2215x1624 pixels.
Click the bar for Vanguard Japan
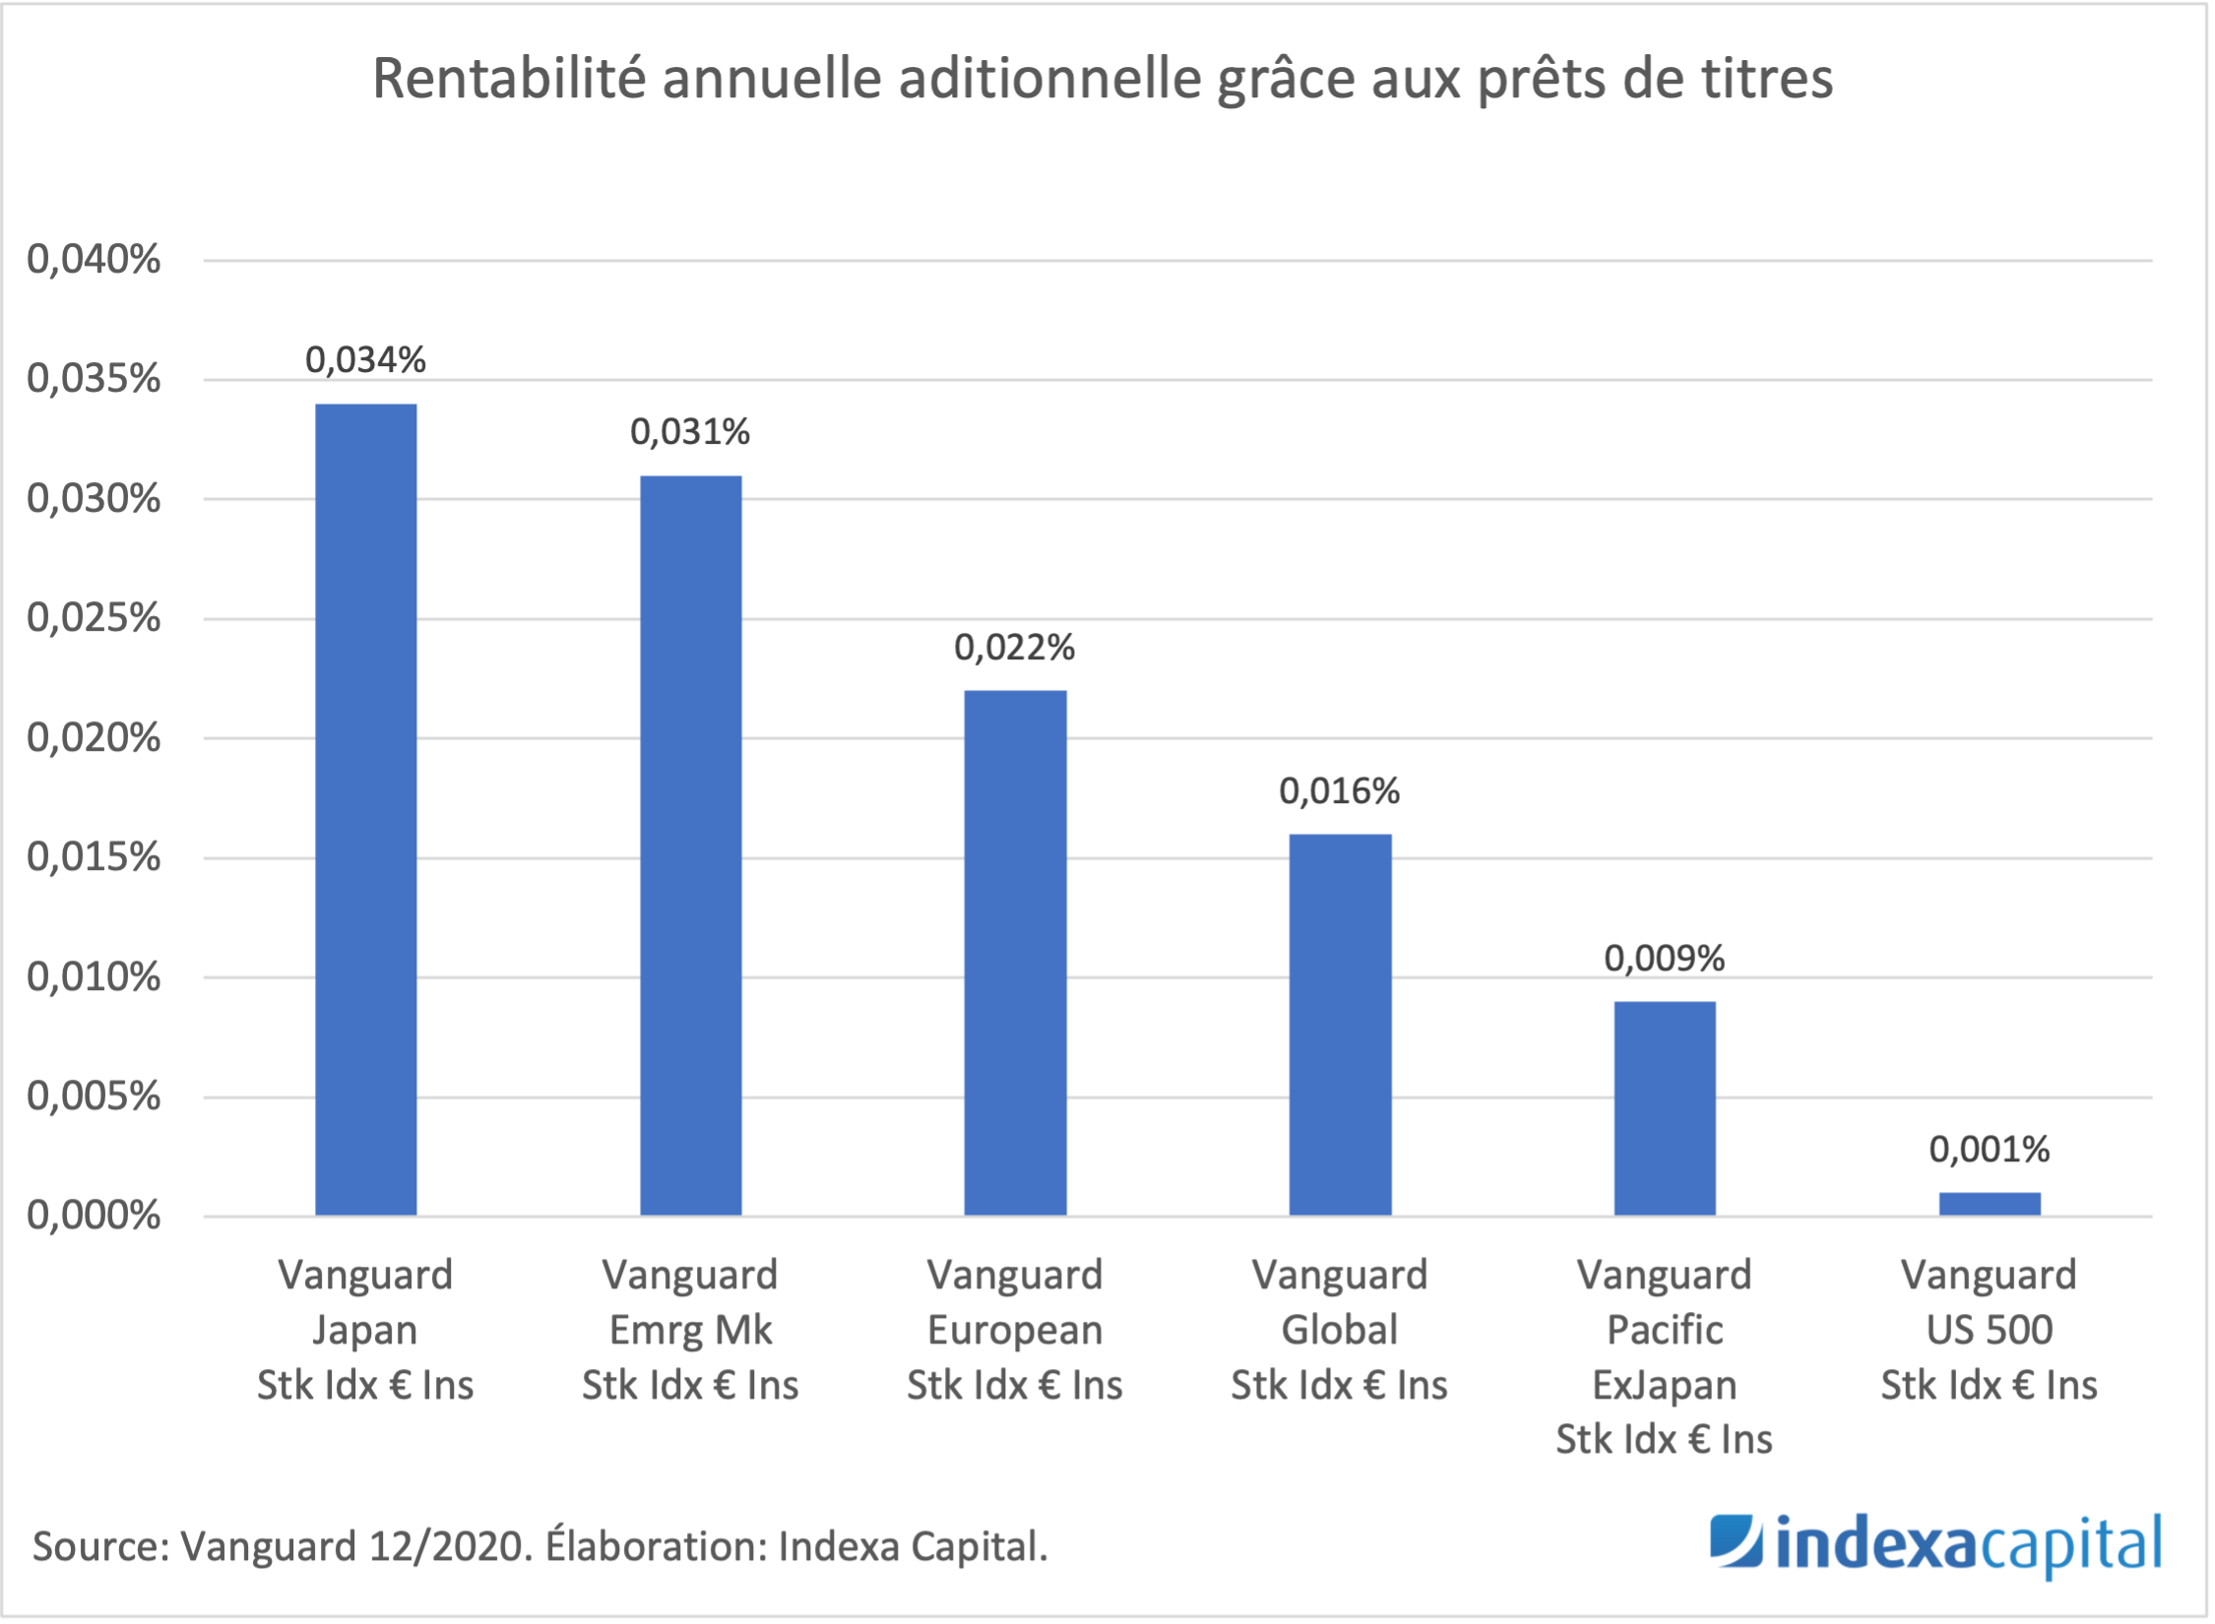click(365, 809)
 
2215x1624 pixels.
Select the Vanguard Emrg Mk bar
click(690, 844)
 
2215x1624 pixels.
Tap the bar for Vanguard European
click(1015, 952)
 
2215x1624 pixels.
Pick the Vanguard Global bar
click(1340, 1024)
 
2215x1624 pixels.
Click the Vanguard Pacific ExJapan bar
click(1665, 1107)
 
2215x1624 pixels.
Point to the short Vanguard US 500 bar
click(1990, 1204)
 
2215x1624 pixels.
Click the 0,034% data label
click(365, 360)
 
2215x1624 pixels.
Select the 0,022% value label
click(1014, 648)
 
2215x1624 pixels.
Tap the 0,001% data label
click(1989, 1150)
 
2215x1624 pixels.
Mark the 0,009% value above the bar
click(1664, 959)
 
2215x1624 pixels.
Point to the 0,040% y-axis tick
click(94, 260)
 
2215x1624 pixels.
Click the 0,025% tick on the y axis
click(94, 618)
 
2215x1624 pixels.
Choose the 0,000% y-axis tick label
click(94, 1217)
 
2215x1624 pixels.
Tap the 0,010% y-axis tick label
click(94, 977)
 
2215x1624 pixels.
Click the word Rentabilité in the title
click(509, 79)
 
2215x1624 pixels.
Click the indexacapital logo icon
click(1736, 1540)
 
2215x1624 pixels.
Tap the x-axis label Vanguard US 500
click(1989, 1330)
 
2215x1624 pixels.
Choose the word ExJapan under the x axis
click(1664, 1386)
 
